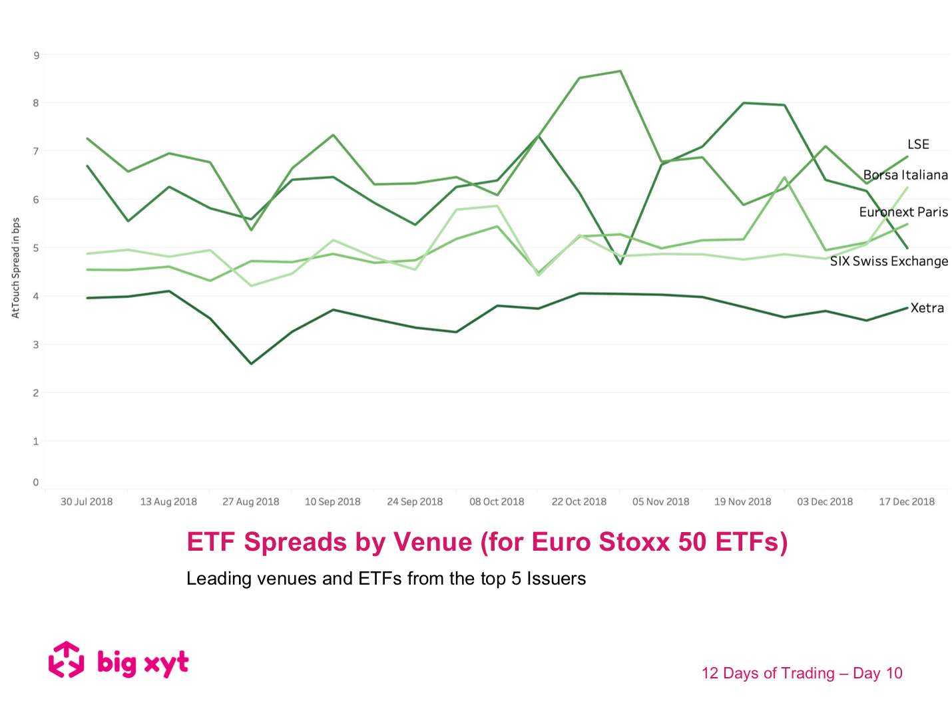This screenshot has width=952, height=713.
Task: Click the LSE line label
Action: coord(918,144)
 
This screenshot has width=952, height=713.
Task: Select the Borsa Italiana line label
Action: coord(905,175)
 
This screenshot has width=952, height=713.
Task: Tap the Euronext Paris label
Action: coord(903,212)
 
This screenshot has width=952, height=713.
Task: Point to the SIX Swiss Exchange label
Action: coord(888,261)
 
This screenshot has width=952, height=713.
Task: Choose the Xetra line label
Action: coord(927,308)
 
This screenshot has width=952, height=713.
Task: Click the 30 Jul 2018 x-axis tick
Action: coord(87,501)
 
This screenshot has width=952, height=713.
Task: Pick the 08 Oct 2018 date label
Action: coord(497,501)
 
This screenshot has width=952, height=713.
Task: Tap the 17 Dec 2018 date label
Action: coord(906,501)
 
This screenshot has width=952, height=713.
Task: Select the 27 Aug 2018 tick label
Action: coord(250,501)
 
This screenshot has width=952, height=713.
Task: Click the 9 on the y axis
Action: coord(36,55)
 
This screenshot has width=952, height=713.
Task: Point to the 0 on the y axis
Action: coord(36,482)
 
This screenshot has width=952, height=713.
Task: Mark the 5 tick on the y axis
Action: coord(36,248)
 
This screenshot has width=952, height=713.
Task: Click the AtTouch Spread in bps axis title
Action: coord(16,267)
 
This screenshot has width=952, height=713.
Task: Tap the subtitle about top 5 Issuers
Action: coord(385,579)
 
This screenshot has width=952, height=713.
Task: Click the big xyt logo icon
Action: coord(67,660)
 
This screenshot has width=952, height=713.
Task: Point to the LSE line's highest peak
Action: coord(620,71)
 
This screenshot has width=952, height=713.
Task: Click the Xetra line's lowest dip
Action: coord(251,364)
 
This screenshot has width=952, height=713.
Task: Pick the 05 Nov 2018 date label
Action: coord(660,501)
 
